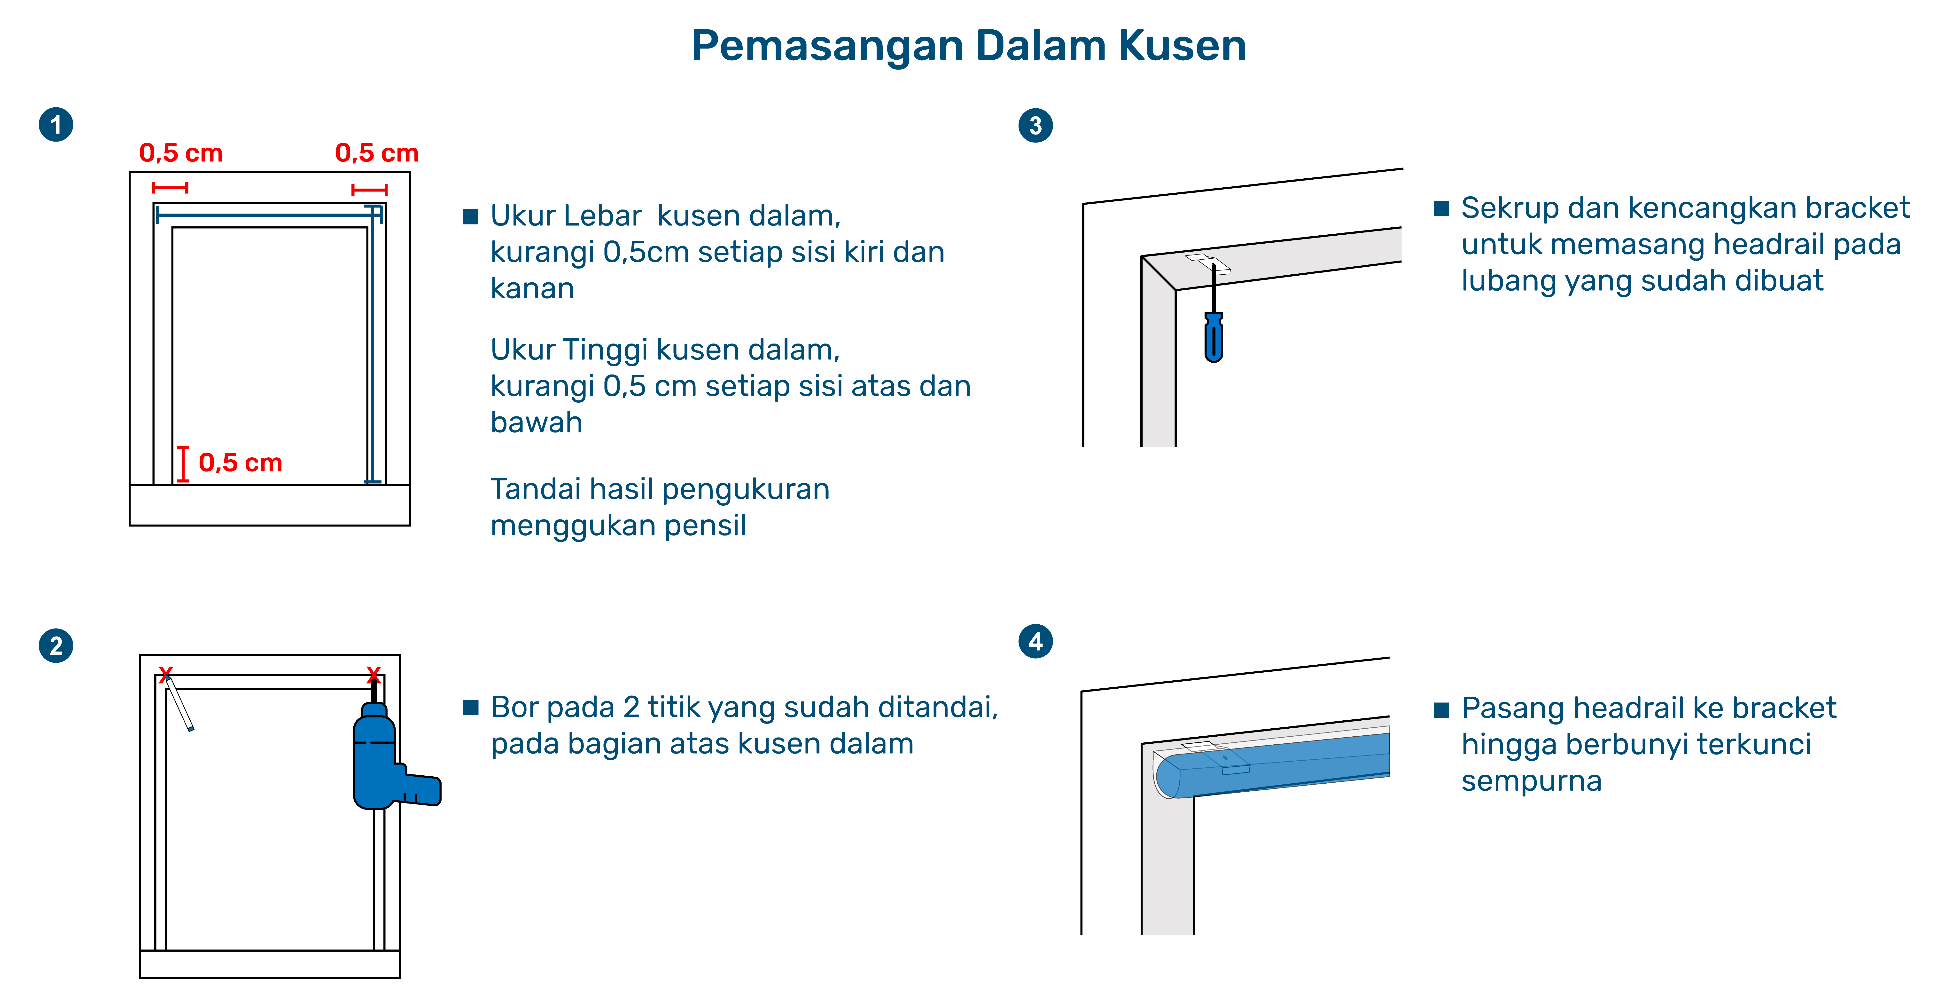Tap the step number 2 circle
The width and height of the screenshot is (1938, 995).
(56, 646)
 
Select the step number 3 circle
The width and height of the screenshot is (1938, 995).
(1035, 125)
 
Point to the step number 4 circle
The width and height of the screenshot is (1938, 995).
(1035, 641)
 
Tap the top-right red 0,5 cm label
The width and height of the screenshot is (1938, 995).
(377, 153)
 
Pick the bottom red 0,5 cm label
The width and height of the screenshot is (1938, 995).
(240, 463)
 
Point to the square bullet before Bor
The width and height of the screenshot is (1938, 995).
(471, 708)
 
